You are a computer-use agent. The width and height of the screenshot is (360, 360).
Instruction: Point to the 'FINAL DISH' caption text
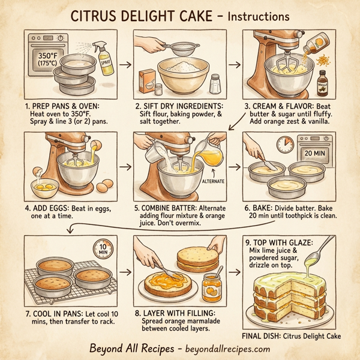coord(265,335)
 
